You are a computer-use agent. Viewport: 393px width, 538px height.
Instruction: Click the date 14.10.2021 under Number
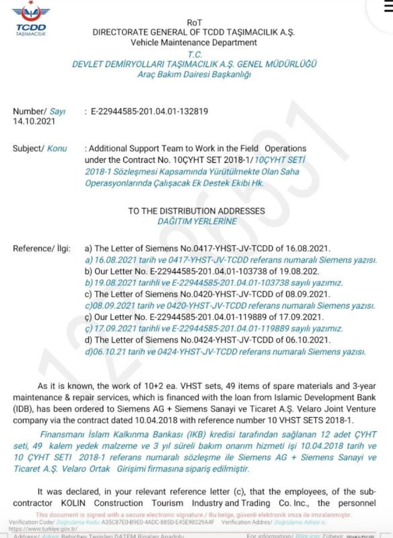click(34, 121)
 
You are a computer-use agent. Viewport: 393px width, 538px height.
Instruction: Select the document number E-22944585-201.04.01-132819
click(150, 111)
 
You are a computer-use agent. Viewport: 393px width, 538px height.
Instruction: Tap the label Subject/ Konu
click(40, 148)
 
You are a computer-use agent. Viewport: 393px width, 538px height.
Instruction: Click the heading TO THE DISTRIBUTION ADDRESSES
click(196, 211)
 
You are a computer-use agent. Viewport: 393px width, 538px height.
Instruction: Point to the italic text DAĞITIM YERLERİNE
click(196, 221)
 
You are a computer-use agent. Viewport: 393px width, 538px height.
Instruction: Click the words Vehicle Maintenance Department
click(194, 43)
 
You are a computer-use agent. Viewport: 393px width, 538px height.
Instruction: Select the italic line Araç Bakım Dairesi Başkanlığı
click(194, 74)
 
